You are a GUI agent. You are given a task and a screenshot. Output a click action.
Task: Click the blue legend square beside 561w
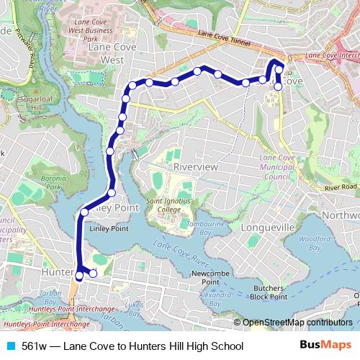tap(11, 346)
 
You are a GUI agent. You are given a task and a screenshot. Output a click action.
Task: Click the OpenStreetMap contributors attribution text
tap(297, 323)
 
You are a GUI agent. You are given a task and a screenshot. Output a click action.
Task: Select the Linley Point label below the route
tap(109, 228)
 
